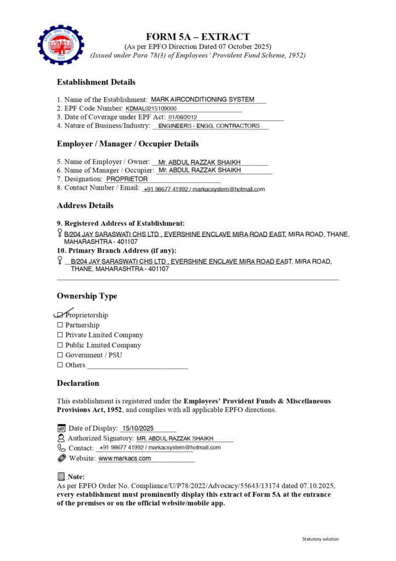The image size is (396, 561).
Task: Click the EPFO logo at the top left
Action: [x=61, y=44]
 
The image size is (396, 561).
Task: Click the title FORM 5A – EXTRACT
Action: [x=198, y=37]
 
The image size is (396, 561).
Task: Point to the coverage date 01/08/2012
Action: [x=183, y=117]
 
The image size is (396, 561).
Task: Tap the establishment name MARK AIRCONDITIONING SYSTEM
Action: [x=202, y=100]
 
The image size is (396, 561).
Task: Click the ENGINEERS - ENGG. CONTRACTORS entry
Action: [x=209, y=126]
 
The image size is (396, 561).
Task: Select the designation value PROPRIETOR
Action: [x=127, y=179]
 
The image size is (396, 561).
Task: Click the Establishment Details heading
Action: [x=96, y=82]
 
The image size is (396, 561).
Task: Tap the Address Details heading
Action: [x=85, y=205]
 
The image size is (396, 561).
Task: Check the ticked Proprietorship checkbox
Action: [x=60, y=315]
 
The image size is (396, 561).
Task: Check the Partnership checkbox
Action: [x=60, y=325]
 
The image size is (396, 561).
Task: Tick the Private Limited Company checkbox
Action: [x=60, y=335]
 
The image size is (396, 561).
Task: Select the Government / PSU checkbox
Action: [x=60, y=355]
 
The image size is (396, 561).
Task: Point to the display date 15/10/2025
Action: [x=138, y=428]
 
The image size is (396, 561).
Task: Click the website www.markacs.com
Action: [x=125, y=459]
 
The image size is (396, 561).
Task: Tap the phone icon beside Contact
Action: [x=61, y=448]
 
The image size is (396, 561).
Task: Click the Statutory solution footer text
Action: [x=321, y=539]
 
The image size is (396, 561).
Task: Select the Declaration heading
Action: [x=78, y=383]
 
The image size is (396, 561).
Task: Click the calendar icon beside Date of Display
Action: [x=61, y=428]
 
